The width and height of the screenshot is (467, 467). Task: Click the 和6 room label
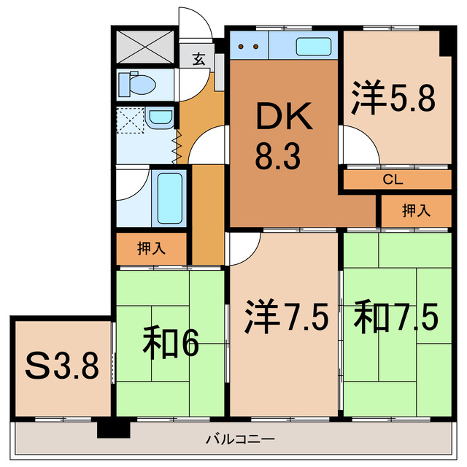click(x=171, y=344)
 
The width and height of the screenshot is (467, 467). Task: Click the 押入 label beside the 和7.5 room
click(x=416, y=211)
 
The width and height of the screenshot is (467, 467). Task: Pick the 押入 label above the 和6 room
click(x=152, y=248)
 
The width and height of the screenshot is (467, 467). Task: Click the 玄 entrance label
click(x=198, y=61)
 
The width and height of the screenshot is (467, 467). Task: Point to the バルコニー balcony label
click(x=239, y=440)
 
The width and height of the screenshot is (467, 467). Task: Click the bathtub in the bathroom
click(x=170, y=198)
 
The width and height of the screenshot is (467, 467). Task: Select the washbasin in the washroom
click(x=159, y=117)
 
